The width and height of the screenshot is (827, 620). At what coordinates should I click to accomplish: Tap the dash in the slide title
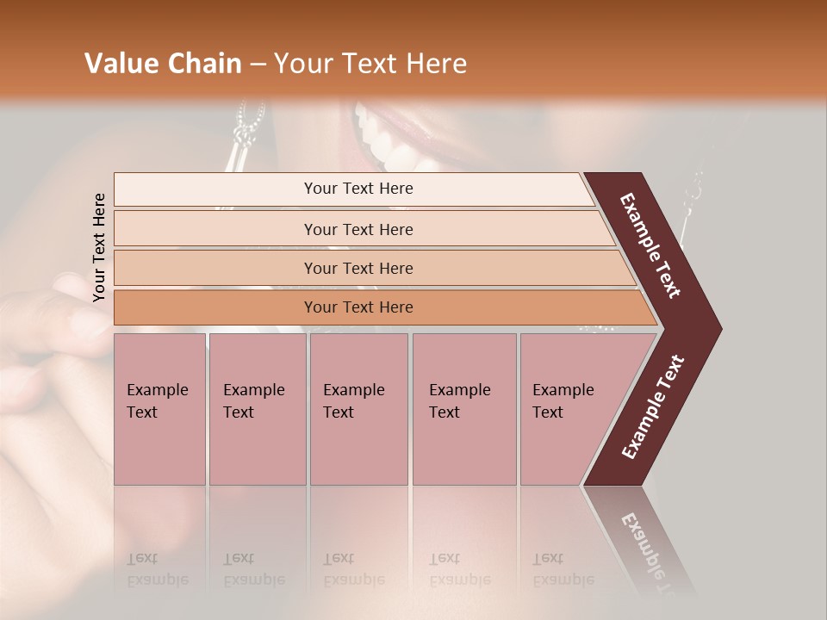click(258, 65)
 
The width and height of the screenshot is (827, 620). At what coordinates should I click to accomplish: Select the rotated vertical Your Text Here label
click(100, 247)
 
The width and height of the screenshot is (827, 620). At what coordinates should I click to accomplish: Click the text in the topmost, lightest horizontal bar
click(358, 189)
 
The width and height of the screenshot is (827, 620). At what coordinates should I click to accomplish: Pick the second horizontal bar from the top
click(358, 229)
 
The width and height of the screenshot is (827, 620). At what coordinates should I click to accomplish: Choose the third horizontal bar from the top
click(358, 268)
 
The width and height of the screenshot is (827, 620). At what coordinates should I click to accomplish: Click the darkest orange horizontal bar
click(358, 307)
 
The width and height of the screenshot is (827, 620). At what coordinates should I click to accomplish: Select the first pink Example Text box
click(159, 409)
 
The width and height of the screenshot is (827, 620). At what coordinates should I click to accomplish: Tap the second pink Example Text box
click(257, 409)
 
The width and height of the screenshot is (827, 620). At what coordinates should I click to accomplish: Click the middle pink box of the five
click(358, 409)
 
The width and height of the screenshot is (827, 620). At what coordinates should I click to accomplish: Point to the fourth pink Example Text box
click(463, 409)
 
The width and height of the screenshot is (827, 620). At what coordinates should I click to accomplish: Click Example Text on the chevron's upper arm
click(650, 245)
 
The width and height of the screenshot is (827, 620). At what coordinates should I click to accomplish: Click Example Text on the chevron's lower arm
click(653, 406)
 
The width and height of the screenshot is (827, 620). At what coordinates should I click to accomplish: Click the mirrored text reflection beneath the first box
click(158, 569)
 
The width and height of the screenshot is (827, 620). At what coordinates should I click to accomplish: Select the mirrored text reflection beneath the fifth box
click(563, 569)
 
